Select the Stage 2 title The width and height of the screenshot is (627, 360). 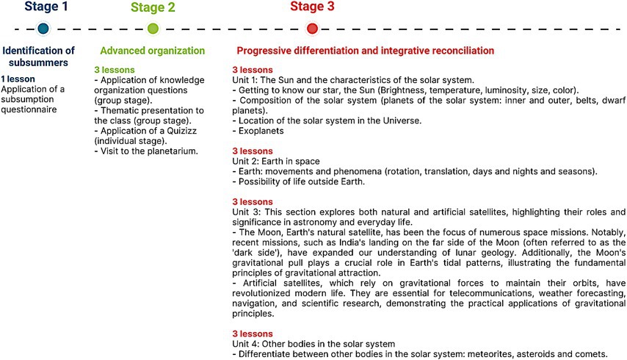coord(153,8)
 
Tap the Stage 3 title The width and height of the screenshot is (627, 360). coord(312,7)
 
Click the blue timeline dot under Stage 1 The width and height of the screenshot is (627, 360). coord(43,29)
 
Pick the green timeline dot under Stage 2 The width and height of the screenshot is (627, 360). coord(153,29)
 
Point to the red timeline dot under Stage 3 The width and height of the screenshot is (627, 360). coord(312,29)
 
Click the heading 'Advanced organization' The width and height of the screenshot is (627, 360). coord(152,51)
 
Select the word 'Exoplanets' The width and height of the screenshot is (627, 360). coord(260,131)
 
